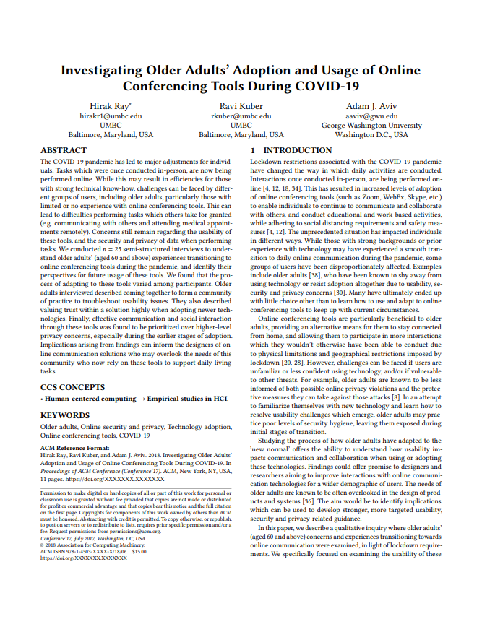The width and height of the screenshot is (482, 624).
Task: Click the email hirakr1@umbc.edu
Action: [x=110, y=116]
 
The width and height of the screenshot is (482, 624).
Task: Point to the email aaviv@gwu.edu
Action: [x=371, y=116]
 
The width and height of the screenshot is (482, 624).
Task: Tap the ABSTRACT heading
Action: [x=64, y=151]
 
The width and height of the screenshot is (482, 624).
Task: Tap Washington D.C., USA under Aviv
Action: [x=371, y=134]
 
